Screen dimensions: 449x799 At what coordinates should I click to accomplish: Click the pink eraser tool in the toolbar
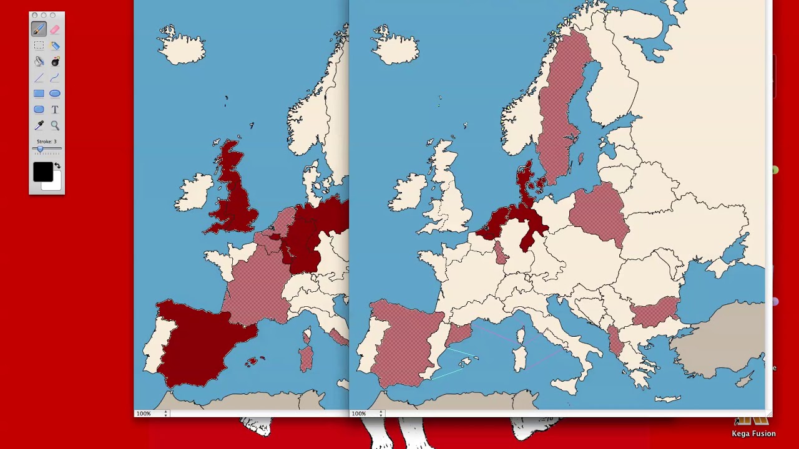55,29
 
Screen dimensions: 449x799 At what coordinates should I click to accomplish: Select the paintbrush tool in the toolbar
39,29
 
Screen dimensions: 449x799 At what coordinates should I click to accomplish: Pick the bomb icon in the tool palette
55,61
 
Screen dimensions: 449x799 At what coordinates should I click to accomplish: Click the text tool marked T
55,110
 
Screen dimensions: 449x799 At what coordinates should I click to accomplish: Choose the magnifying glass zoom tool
55,125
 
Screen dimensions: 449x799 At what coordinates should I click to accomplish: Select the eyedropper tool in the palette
39,125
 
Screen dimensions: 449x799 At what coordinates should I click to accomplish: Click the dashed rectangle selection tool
39,46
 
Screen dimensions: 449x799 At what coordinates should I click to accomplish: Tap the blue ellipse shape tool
55,94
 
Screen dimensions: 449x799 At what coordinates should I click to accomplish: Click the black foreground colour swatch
43,171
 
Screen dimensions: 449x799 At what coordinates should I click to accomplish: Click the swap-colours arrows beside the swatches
57,166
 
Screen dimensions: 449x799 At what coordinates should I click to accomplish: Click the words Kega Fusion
753,433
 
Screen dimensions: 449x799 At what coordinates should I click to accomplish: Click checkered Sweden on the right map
559,112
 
